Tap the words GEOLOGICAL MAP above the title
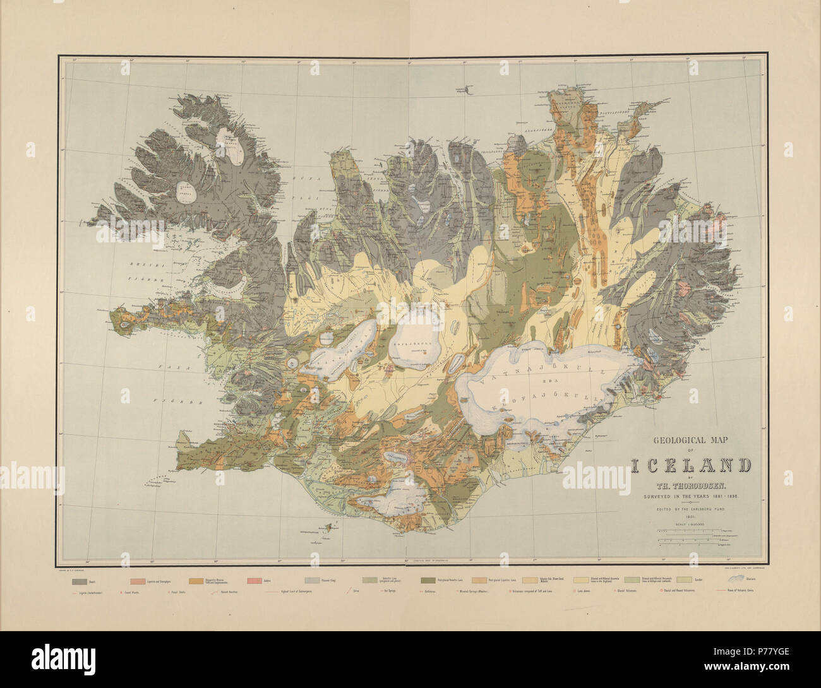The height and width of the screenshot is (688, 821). (x=690, y=443)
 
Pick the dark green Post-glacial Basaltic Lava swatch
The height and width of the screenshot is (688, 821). (x=428, y=581)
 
